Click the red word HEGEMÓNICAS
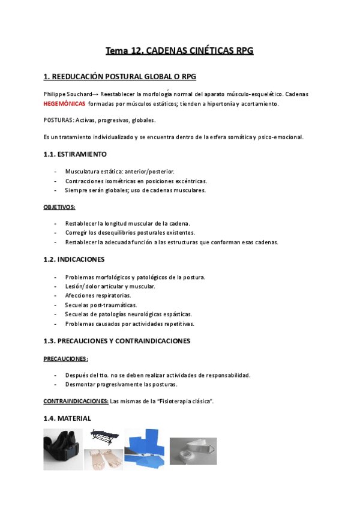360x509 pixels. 64,104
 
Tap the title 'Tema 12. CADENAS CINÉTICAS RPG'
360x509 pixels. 180,51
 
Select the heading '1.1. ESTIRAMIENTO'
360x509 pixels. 75,154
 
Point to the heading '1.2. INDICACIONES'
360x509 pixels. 74,259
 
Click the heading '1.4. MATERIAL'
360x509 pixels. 67,418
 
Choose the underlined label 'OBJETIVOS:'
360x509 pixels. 59,206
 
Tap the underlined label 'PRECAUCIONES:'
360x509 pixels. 66,359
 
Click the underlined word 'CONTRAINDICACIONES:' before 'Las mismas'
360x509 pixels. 76,400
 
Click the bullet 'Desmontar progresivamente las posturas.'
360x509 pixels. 122,384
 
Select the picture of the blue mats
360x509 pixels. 145,449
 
